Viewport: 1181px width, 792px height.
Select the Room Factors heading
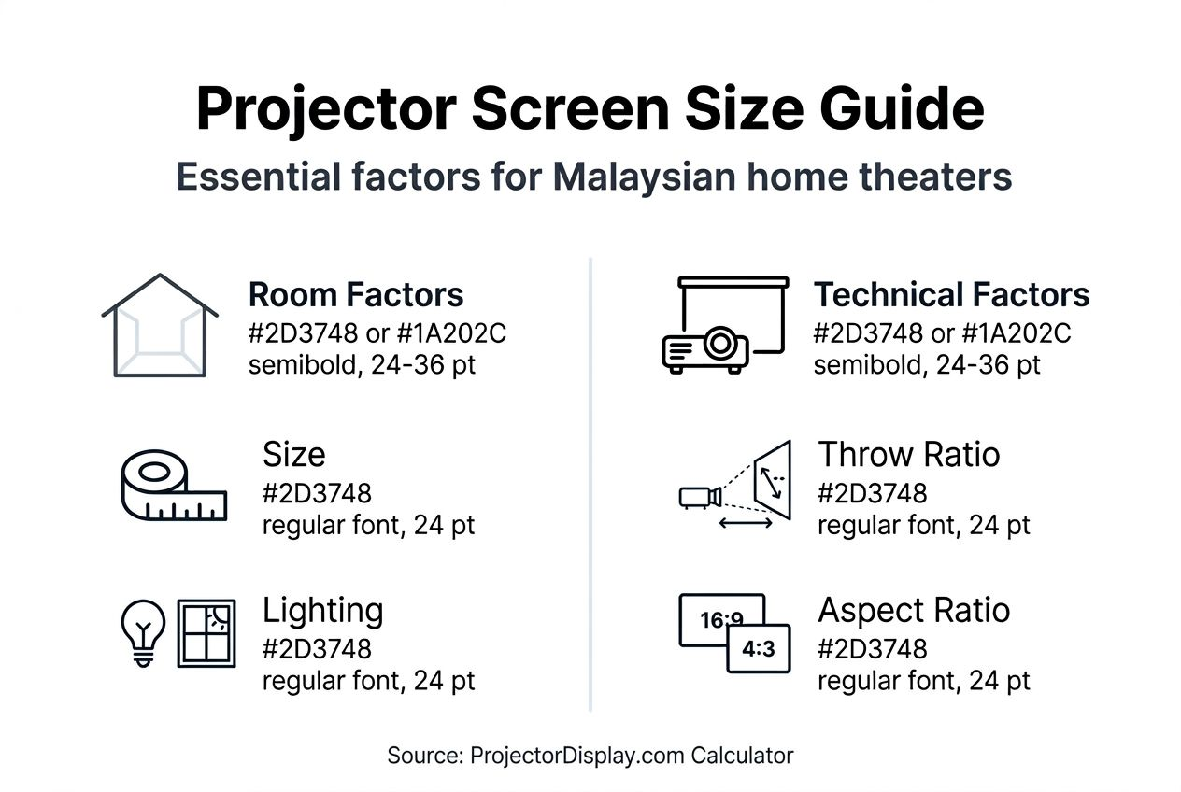click(355, 295)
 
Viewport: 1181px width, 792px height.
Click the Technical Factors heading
click(951, 295)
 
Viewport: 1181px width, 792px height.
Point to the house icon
click(160, 326)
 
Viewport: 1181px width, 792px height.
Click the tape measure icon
click(174, 485)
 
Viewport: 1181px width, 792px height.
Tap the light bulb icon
click(144, 630)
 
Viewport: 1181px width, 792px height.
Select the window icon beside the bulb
click(206, 633)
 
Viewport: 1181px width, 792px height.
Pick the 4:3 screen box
click(759, 648)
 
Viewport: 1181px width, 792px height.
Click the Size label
click(293, 455)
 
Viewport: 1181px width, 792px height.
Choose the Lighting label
click(322, 611)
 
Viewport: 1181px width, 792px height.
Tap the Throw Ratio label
click(908, 455)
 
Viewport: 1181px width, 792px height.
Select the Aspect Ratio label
click(914, 611)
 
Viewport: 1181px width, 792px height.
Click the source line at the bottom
click(590, 756)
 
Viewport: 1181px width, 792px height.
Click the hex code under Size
click(317, 492)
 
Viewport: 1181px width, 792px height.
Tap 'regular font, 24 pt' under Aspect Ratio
click(923, 681)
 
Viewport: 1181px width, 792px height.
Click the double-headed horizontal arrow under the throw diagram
click(746, 524)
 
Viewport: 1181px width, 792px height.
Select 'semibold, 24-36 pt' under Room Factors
click(362, 364)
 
